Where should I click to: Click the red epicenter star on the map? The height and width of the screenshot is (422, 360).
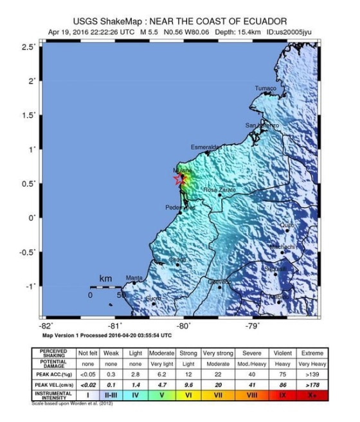(x=180, y=180)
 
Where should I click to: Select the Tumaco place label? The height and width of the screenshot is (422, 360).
(x=265, y=88)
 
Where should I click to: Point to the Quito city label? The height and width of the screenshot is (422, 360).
(x=287, y=225)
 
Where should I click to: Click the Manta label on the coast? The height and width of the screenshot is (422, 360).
(x=134, y=279)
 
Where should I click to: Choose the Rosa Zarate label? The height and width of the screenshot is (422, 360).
(x=219, y=190)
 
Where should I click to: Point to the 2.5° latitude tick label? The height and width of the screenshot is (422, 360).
(x=28, y=48)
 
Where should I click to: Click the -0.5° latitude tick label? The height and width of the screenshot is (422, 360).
(x=26, y=252)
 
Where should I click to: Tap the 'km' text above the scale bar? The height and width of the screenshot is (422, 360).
(x=105, y=279)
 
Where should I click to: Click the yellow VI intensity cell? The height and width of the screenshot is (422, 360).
(x=188, y=394)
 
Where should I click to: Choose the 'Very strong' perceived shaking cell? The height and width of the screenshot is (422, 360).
(x=217, y=353)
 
